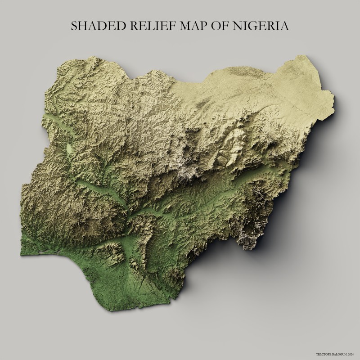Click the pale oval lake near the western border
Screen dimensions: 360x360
point(68,148)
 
